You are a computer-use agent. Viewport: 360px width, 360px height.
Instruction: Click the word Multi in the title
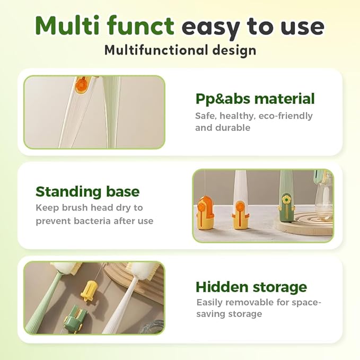(x=67, y=25)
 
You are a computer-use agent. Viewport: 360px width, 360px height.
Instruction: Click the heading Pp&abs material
(x=255, y=99)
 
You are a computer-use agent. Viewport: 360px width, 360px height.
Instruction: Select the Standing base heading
(x=87, y=191)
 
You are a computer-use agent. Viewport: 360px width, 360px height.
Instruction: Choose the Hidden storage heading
(x=251, y=287)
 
